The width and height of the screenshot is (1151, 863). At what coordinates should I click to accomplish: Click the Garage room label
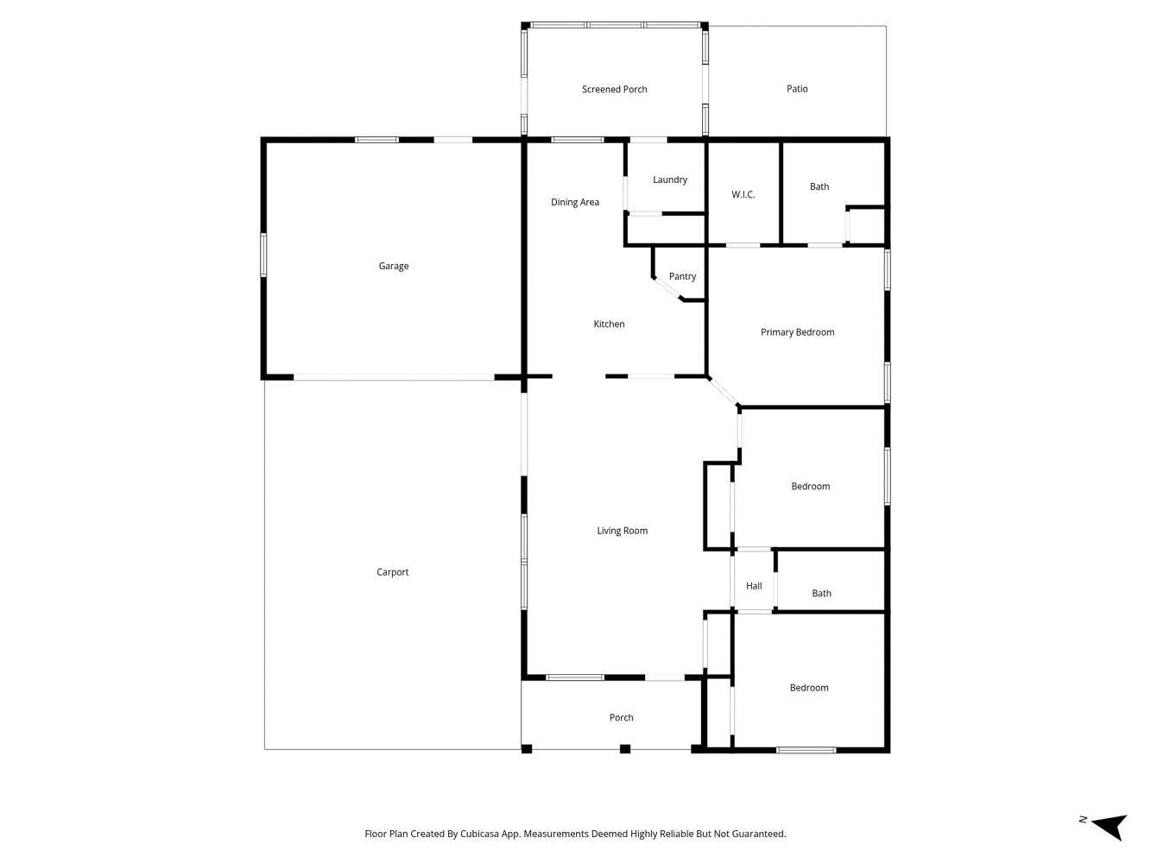pos(393,266)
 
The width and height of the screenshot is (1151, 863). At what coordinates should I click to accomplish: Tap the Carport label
pos(392,572)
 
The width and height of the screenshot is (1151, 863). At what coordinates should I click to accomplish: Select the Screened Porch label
pos(614,90)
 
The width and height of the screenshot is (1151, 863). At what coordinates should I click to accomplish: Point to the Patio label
pos(796,89)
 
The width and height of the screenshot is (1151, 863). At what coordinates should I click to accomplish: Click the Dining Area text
pos(575,202)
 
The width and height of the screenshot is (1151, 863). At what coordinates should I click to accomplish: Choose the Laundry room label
pos(670,180)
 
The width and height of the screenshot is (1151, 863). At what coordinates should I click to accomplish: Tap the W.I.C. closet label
pos(743,195)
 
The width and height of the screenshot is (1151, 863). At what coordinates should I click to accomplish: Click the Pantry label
pos(682,277)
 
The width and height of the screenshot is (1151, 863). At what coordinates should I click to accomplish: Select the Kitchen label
pos(609,324)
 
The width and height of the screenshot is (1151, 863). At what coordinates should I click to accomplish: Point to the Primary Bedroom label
pos(797,332)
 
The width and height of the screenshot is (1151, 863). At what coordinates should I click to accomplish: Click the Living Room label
pos(622,531)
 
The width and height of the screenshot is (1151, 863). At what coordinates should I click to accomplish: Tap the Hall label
pos(754,586)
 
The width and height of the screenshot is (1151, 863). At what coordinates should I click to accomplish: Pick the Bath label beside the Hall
pos(821,593)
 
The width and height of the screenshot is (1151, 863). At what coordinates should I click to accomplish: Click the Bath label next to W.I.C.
pos(819,186)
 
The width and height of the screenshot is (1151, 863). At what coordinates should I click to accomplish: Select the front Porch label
pos(621,717)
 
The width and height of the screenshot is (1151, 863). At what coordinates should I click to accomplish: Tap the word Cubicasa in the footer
pos(479,834)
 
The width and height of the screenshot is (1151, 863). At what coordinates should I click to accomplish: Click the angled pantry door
pos(667,289)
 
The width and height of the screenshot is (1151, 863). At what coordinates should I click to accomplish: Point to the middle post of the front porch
pos(624,749)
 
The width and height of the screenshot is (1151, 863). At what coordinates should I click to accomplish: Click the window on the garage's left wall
pos(263,255)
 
